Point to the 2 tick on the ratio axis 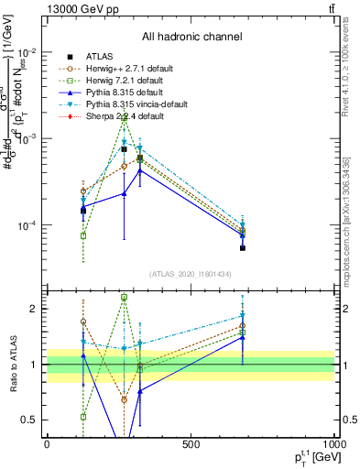(x=36, y=309)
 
